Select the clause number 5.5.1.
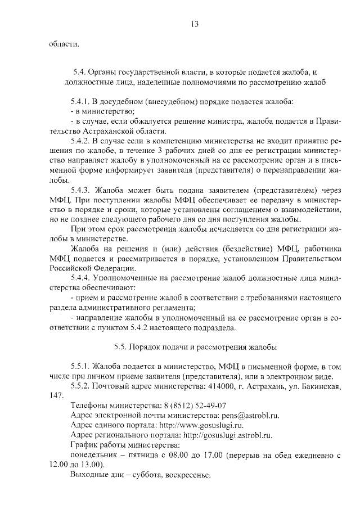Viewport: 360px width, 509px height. click(81, 366)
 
